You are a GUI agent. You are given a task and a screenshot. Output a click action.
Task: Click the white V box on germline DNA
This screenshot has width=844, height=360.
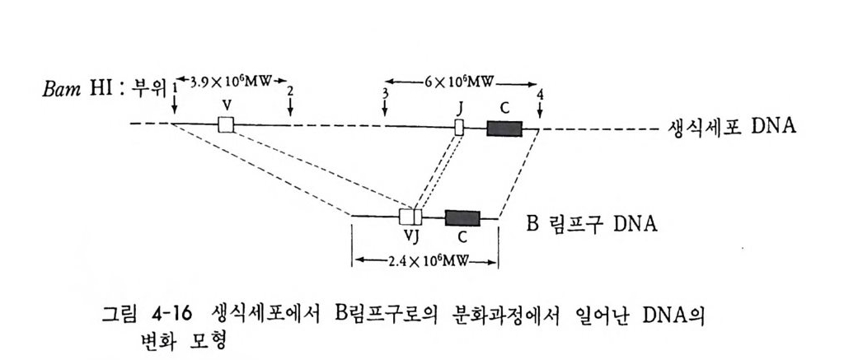226,125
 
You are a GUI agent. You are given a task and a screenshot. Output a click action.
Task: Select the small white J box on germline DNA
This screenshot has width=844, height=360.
460,127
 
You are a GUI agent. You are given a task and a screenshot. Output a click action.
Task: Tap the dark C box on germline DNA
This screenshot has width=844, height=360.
504,128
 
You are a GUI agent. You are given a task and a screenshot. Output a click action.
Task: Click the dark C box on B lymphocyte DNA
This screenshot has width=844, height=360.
462,218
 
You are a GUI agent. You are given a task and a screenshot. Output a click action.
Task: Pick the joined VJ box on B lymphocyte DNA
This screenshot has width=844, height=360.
410,217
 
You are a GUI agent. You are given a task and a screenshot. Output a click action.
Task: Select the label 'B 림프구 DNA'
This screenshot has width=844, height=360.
591,223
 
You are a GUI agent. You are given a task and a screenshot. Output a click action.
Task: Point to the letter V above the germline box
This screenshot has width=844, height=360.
225,106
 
